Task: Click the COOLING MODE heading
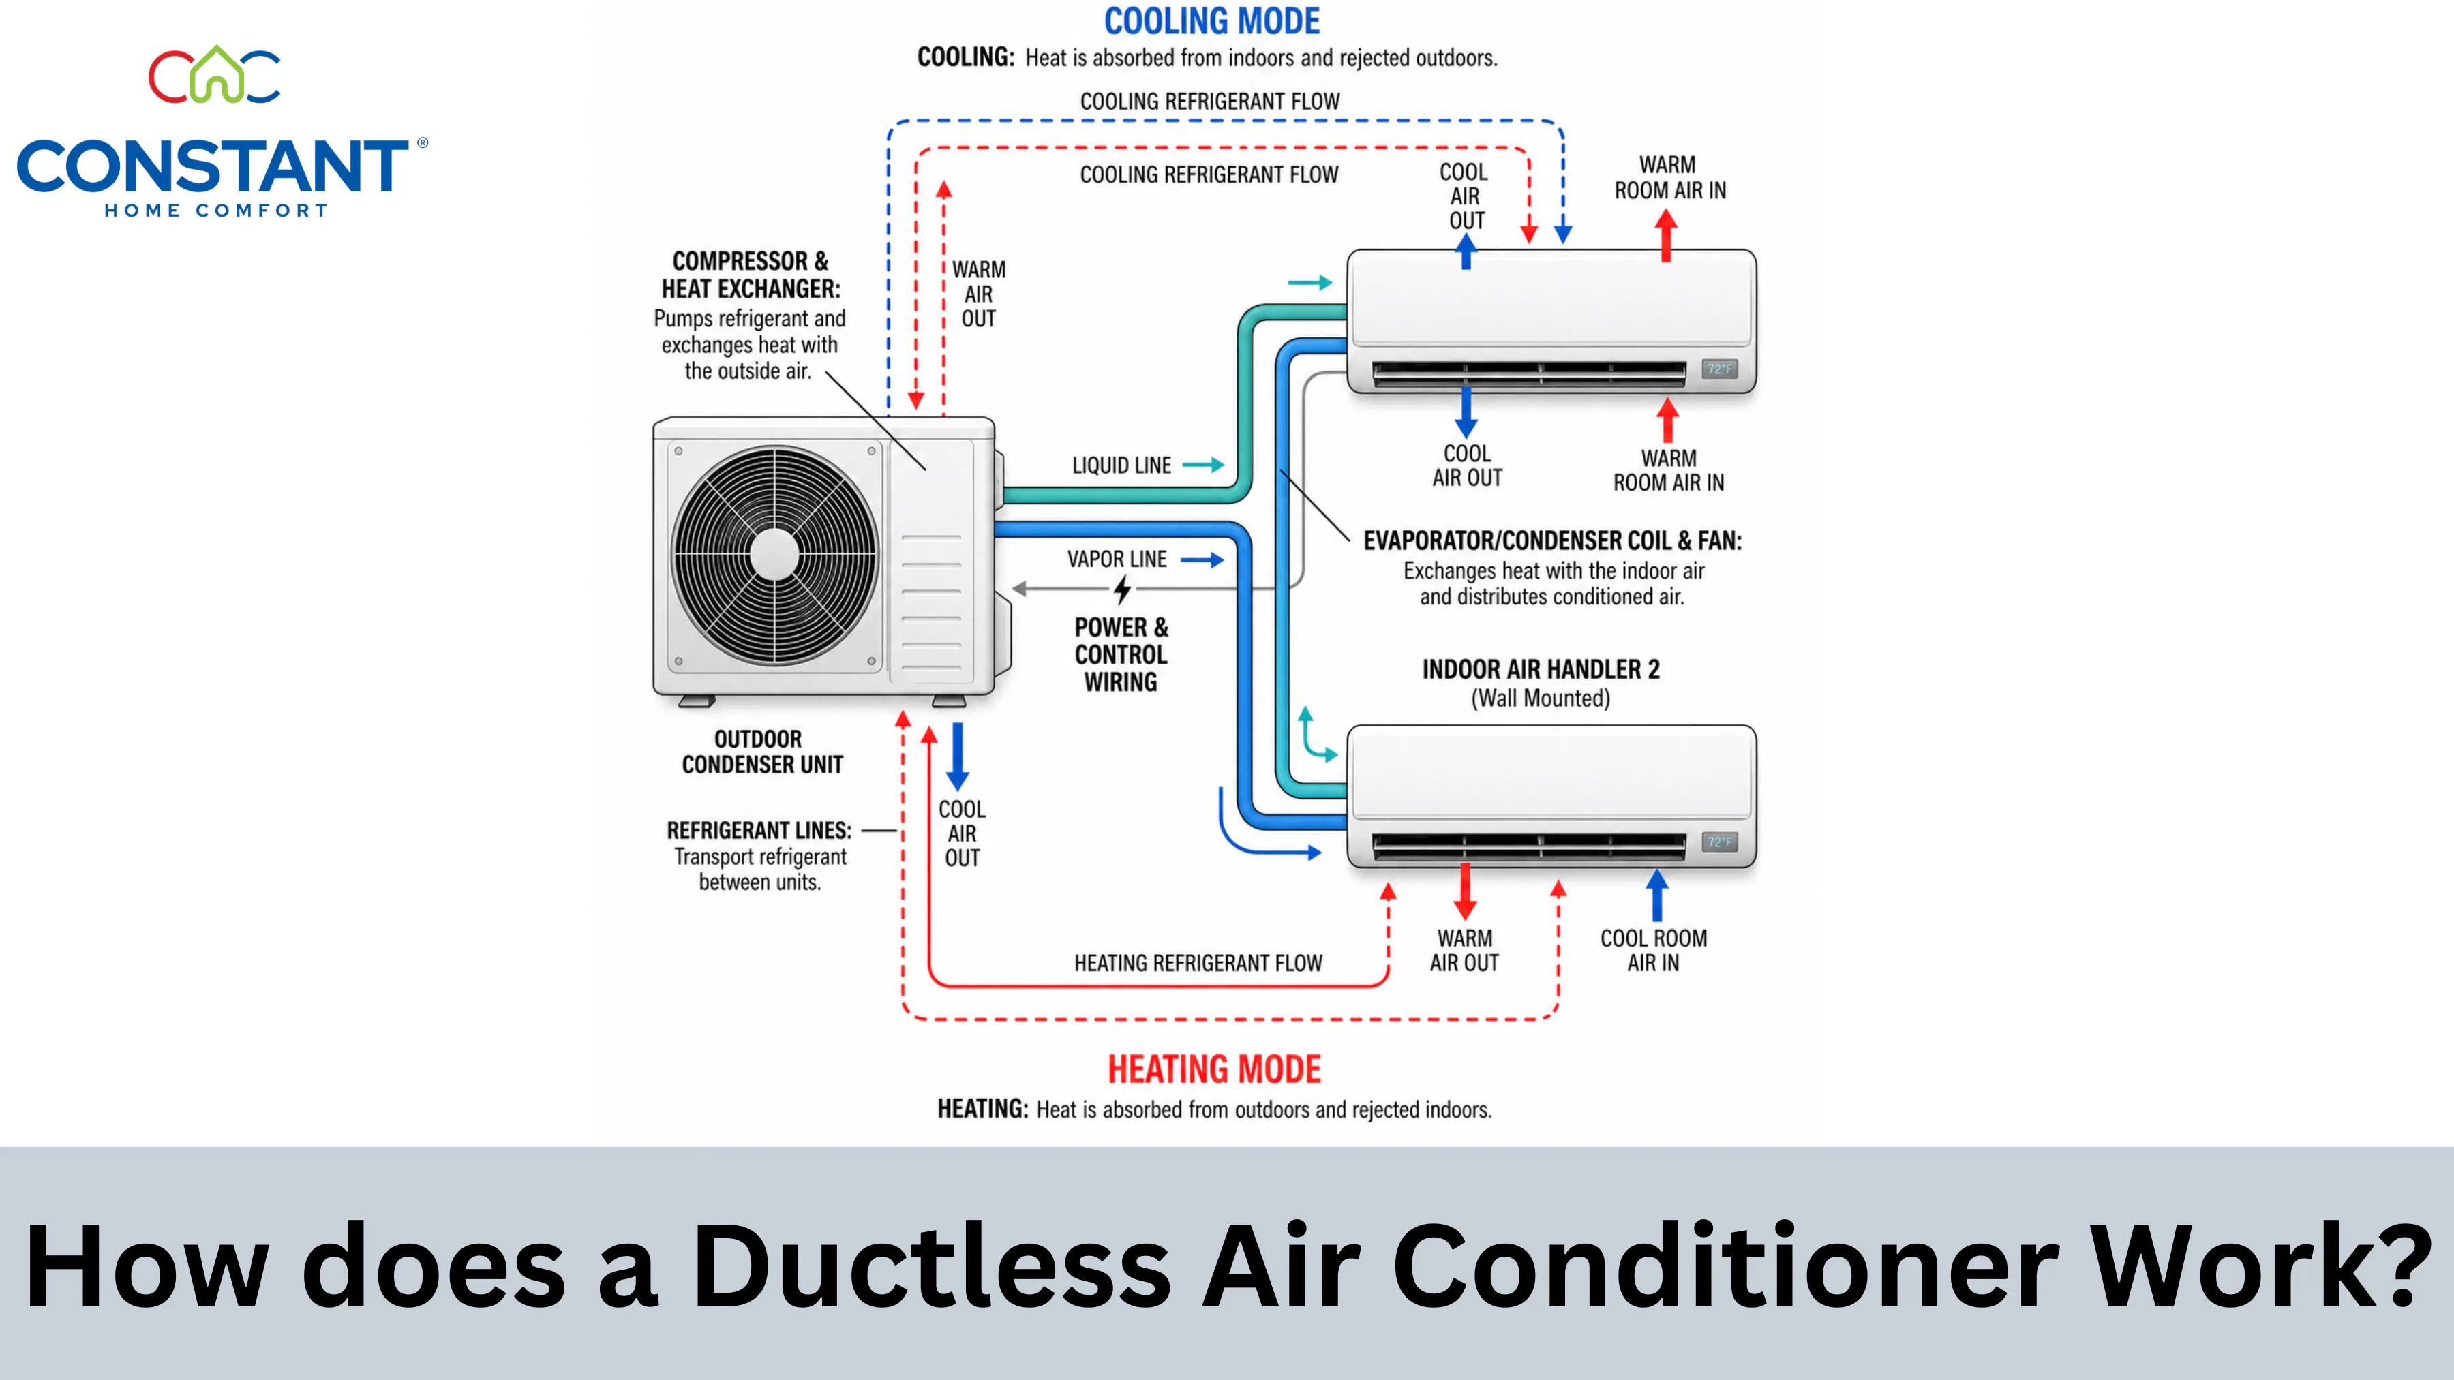[1212, 21]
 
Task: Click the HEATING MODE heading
[1213, 1069]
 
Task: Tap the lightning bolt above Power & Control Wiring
[1122, 590]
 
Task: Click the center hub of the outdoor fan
[774, 553]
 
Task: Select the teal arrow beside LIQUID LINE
[1203, 465]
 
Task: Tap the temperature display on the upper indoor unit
[1720, 369]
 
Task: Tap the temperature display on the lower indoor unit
[1720, 842]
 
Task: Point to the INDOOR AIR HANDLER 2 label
[1541, 669]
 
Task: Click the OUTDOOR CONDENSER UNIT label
[761, 752]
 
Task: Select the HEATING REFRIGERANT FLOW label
[1198, 963]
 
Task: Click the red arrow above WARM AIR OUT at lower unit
[1465, 891]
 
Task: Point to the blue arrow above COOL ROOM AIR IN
[1658, 895]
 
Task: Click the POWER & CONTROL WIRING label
[1121, 654]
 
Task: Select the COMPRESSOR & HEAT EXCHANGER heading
[751, 274]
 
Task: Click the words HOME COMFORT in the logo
[216, 211]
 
